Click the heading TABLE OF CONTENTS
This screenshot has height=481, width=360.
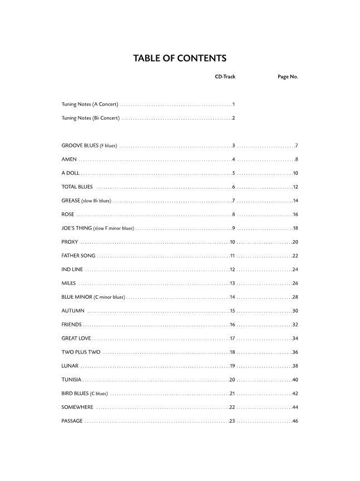pyautogui.click(x=180, y=58)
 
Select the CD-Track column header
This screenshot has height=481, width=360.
pyautogui.click(x=225, y=77)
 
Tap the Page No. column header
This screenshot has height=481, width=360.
pyautogui.click(x=288, y=77)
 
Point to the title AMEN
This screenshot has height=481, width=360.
pyautogui.click(x=69, y=160)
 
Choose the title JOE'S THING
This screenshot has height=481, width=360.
pyautogui.click(x=77, y=228)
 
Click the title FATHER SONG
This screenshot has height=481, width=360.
pyautogui.click(x=78, y=256)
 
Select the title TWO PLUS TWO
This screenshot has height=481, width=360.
pyautogui.click(x=81, y=352)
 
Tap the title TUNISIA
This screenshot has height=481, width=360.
pyautogui.click(x=72, y=380)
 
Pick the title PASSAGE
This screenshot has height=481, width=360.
pyautogui.click(x=72, y=421)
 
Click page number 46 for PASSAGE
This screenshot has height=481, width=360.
pyautogui.click(x=295, y=421)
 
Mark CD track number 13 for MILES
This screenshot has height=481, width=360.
pyautogui.click(x=233, y=283)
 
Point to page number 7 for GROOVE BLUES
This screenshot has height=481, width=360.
pyautogui.click(x=297, y=146)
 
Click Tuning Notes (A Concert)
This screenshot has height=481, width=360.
pyautogui.click(x=90, y=104)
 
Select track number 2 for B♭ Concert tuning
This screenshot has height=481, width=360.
pyautogui.click(x=234, y=118)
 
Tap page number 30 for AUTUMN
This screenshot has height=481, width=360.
pyautogui.click(x=295, y=311)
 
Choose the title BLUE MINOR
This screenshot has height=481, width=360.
pyautogui.click(x=77, y=297)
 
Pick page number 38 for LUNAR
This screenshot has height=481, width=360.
pyautogui.click(x=295, y=366)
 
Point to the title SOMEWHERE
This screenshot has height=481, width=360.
pyautogui.click(x=77, y=407)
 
